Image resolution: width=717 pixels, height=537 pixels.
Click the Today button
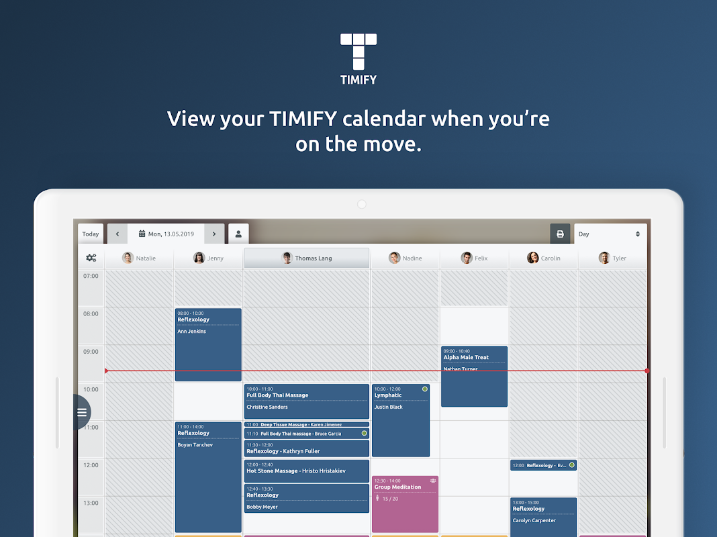pyautogui.click(x=91, y=234)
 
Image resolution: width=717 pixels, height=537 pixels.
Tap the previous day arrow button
pyautogui.click(x=117, y=234)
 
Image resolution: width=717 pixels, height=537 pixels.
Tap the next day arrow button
pyautogui.click(x=214, y=234)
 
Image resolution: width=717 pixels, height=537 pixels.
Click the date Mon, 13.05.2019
pyautogui.click(x=166, y=234)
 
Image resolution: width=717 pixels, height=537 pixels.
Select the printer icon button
pyautogui.click(x=560, y=234)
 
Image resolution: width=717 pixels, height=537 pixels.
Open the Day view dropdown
pyautogui.click(x=610, y=234)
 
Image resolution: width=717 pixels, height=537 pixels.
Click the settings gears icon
pyautogui.click(x=91, y=258)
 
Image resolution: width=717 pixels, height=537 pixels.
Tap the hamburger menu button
pyautogui.click(x=82, y=412)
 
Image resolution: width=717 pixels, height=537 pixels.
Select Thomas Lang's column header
pyautogui.click(x=306, y=258)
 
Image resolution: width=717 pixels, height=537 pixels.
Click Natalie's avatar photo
pyautogui.click(x=128, y=258)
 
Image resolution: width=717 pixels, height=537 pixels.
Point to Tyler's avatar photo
pyautogui.click(x=604, y=258)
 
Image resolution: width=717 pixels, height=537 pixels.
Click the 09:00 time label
pyautogui.click(x=91, y=352)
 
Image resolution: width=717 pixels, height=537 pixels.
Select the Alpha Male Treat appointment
pyautogui.click(x=474, y=376)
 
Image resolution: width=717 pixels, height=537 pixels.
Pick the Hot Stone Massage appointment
pyautogui.click(x=306, y=471)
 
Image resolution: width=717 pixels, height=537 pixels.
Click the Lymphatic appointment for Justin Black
pyautogui.click(x=401, y=420)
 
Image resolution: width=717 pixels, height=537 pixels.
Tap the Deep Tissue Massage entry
pyautogui.click(x=306, y=425)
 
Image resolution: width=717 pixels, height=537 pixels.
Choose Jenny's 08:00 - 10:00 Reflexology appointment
pyautogui.click(x=208, y=344)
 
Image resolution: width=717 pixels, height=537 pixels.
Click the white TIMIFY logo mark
pyautogui.click(x=358, y=51)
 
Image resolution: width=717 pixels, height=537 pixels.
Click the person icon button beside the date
pyautogui.click(x=238, y=234)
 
